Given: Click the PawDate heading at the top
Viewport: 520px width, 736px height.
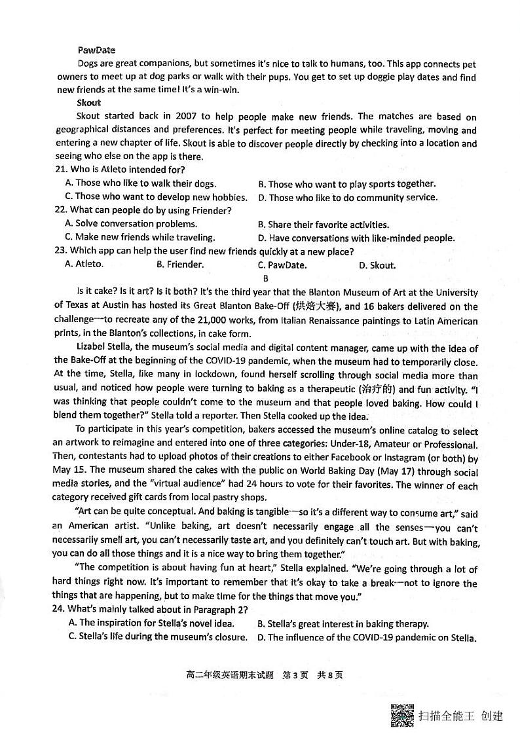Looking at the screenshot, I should coord(96,50).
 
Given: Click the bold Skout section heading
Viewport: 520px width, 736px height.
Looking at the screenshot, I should coord(88,102).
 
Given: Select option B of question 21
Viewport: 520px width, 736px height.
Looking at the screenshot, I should coord(346,184).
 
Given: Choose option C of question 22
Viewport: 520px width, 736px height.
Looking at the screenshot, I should coord(140,238).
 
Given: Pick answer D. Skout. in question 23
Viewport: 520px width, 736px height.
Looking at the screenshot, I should coord(377,265).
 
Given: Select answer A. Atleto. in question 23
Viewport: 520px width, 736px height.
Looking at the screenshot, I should coord(84,265).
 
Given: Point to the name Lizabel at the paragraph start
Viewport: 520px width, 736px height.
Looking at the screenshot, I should coord(94,348).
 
